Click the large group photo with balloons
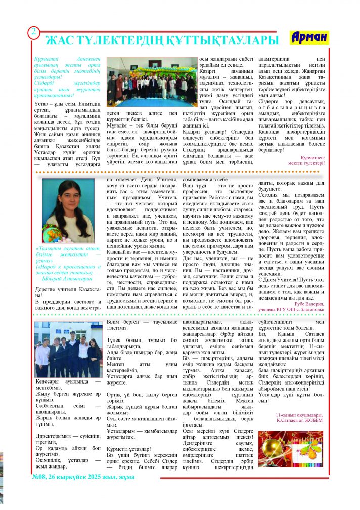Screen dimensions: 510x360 [152, 81]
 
